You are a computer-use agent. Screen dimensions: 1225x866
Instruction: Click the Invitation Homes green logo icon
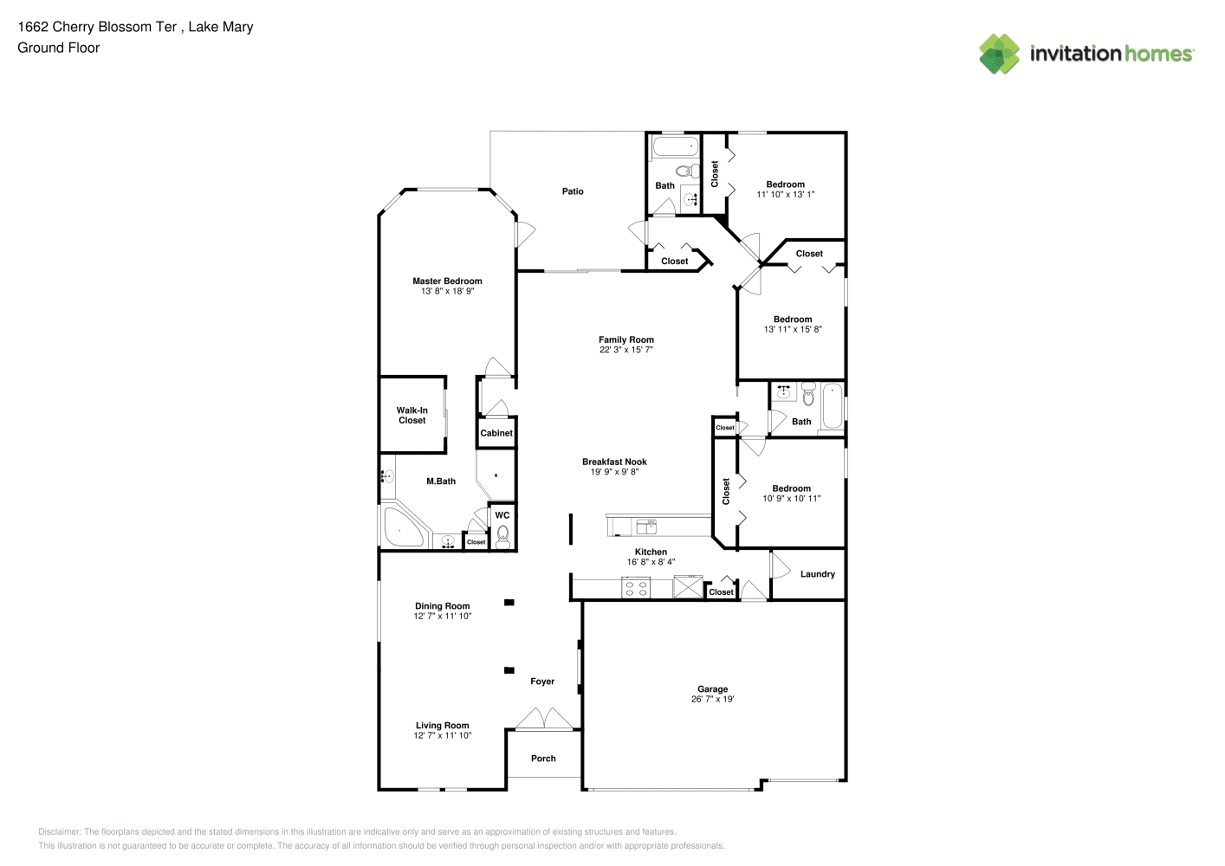coord(999,54)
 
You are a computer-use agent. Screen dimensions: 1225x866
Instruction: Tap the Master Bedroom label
coord(447,281)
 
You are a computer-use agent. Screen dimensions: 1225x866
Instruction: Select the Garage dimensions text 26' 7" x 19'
coord(713,699)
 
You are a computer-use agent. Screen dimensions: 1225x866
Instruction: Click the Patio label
coord(573,191)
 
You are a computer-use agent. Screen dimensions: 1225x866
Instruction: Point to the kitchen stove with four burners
coord(636,588)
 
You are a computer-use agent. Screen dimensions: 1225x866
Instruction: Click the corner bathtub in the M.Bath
coord(404,527)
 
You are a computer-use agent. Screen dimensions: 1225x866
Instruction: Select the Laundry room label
coord(818,574)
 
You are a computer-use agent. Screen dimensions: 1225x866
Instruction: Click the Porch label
coord(543,759)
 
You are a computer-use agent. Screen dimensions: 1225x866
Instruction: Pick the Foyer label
coord(542,682)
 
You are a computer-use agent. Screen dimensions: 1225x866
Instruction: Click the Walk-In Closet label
coord(412,415)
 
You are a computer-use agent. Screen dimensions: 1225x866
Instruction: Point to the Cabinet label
coord(496,433)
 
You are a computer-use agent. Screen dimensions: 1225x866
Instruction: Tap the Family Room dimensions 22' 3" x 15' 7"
coord(626,349)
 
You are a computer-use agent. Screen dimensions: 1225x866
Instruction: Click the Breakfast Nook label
coord(614,462)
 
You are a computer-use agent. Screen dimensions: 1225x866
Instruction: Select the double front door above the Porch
coord(544,719)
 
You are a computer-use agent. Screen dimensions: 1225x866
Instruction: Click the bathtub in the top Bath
coord(676,146)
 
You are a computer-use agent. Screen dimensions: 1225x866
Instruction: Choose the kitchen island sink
coord(646,527)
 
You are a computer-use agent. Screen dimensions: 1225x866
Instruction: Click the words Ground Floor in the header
coord(59,48)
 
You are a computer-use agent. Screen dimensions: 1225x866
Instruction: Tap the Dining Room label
coord(443,605)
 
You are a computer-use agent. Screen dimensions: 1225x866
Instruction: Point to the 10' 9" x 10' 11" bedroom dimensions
coord(792,498)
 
